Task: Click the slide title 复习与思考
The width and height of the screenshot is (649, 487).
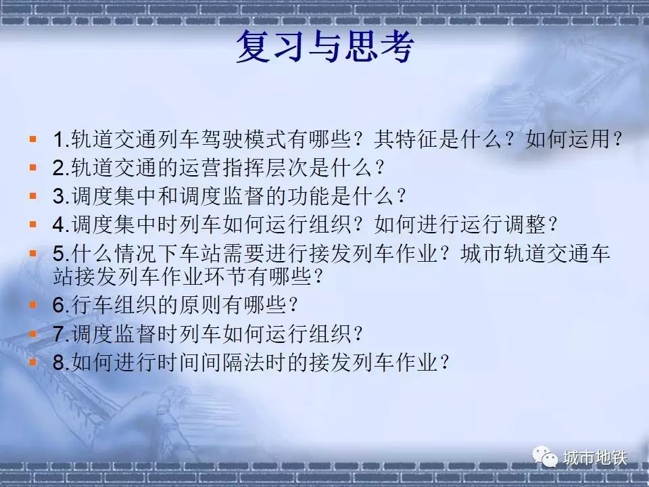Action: coord(325,46)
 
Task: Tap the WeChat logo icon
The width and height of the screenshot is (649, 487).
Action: coord(545,457)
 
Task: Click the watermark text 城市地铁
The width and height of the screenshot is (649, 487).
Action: coord(595,458)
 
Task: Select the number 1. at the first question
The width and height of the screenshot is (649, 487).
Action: coord(62,139)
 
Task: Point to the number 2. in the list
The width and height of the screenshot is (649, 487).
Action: coord(62,168)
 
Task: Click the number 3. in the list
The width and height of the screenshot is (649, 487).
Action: coord(62,196)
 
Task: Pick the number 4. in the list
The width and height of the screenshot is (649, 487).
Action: coord(62,225)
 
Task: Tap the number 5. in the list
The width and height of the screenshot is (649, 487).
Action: coord(62,254)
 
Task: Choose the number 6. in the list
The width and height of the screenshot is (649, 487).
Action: coord(62,305)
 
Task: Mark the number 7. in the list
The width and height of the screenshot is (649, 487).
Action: coord(62,333)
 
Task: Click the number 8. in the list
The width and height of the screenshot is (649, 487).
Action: coord(62,363)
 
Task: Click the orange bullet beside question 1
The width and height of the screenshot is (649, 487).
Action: coord(33,139)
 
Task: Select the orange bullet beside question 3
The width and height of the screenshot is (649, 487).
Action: coord(33,196)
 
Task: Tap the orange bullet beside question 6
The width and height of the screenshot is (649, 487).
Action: coord(33,305)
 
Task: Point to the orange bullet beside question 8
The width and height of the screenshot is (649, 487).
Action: coord(33,363)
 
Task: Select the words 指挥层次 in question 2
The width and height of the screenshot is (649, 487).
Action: coord(266,168)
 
